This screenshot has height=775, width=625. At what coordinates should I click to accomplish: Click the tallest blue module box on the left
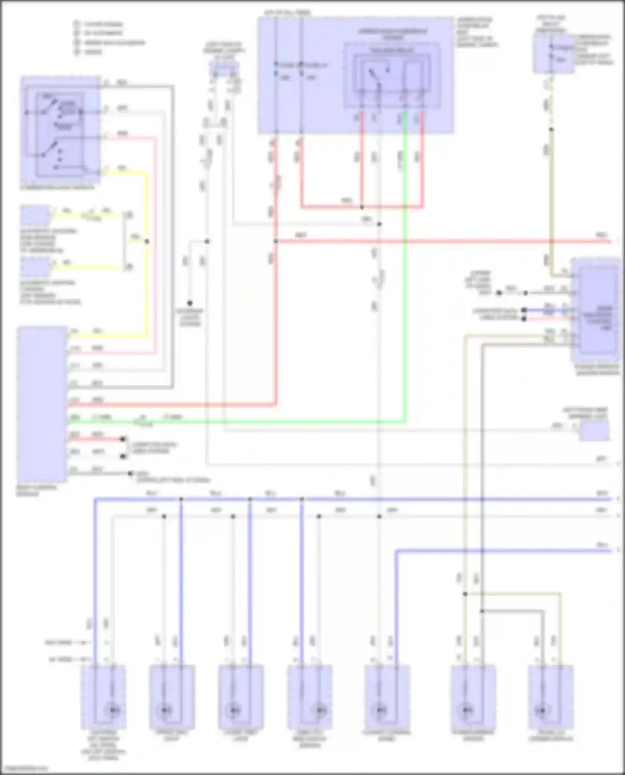42,404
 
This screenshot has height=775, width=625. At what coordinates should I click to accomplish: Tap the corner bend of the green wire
405,422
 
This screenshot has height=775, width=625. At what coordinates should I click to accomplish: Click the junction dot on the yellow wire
147,241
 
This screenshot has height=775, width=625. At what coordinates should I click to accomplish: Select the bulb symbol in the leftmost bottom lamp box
113,710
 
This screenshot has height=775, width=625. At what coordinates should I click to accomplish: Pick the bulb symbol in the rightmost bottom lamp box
542,710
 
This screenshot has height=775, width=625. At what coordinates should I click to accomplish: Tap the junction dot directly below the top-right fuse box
551,130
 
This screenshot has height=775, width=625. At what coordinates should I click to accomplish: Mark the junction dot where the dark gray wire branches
482,611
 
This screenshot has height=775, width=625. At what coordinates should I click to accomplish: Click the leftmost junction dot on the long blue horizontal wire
181,498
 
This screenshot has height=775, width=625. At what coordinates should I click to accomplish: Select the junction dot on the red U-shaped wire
362,207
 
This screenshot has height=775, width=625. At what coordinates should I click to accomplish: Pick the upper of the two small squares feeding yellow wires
35,215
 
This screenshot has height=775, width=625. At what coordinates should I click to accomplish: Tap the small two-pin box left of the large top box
224,70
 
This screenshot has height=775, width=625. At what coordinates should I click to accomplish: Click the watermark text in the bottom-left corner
24,769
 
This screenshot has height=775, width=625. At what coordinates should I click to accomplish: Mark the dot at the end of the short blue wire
524,310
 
